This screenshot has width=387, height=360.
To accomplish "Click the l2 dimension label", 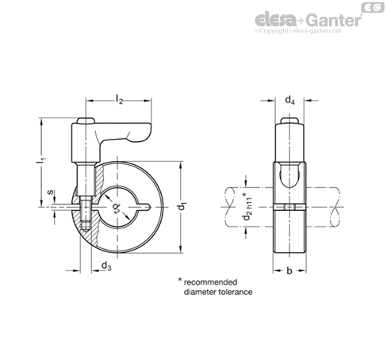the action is tap(120, 99).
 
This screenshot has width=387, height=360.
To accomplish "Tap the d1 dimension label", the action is tap(182, 206).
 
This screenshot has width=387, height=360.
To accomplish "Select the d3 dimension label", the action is tap(106, 266).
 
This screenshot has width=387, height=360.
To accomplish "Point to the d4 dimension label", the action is tap(289, 101).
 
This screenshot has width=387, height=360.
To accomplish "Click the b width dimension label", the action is tap(289, 270).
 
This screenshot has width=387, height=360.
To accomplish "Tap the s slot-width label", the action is tap(50, 192).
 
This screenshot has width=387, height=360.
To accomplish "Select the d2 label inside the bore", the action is tap(117, 208).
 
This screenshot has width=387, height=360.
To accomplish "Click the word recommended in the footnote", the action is tap(210, 282).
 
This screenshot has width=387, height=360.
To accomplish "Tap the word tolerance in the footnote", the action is tap(236, 292).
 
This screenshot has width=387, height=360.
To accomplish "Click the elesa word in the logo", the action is tap(276, 19).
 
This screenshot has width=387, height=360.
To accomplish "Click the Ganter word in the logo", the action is tap(334, 20).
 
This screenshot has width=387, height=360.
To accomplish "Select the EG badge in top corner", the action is tap(373, 7).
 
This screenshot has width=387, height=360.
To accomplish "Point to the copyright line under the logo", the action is tap(298, 31).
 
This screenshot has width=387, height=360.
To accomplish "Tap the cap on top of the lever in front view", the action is tap(86, 121).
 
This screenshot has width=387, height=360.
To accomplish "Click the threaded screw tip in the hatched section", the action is tap(86, 228).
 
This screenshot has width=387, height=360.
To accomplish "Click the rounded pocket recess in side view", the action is tap(289, 175).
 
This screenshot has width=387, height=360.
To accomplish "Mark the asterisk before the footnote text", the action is tap(180, 280).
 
